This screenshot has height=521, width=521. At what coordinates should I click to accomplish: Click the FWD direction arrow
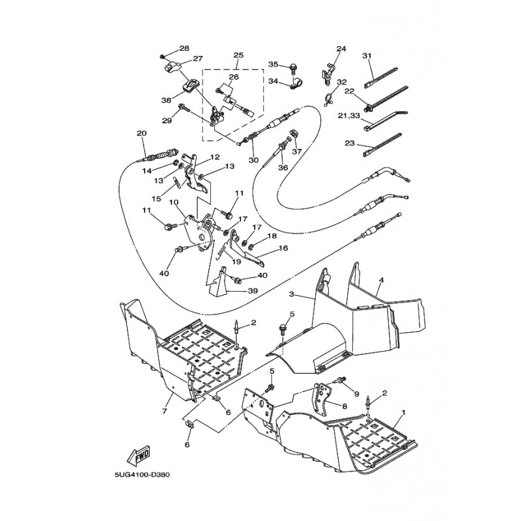coord(139,455)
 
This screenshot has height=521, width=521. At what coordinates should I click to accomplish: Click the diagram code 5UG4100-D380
coord(142,475)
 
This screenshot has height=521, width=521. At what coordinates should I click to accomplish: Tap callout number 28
coord(184,48)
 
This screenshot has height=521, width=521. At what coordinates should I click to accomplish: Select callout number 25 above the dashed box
coord(238,55)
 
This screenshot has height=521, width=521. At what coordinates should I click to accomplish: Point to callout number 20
coord(141,134)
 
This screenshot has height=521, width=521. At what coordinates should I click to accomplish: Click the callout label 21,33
coord(348,115)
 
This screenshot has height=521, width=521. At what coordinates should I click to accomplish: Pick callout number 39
coord(253,291)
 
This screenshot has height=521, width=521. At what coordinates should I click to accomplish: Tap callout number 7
coord(165,411)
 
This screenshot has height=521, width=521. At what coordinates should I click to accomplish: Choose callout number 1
coord(404,412)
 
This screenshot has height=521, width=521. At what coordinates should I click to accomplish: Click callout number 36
coord(283,168)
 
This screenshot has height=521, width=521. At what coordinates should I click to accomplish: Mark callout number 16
coord(283,248)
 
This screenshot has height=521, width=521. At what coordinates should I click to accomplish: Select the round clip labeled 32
coord(328,100)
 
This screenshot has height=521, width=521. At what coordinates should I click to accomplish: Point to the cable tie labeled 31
coord(381,78)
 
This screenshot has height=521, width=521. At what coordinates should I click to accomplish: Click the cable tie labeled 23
coord(382,145)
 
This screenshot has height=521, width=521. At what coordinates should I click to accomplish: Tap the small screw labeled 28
coord(163,57)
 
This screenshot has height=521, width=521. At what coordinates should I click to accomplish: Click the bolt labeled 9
coord(340,380)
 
